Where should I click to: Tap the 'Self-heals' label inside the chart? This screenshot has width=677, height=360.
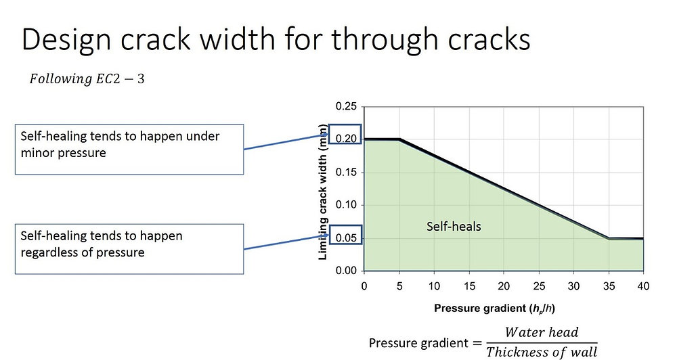(454, 226)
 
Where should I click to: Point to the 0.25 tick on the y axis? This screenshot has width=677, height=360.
(346, 107)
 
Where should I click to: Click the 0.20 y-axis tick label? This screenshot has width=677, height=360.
(346, 139)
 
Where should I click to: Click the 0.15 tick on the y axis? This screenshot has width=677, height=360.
(346, 172)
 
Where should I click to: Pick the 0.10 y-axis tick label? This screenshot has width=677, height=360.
(346, 205)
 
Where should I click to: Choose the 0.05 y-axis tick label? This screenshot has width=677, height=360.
(346, 238)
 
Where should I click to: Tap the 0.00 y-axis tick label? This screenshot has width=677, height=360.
(346, 270)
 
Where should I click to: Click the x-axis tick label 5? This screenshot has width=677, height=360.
(399, 286)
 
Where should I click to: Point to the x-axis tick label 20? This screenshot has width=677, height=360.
(504, 286)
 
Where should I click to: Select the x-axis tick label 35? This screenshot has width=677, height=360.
(608, 286)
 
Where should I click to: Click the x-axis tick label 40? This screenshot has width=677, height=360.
(642, 286)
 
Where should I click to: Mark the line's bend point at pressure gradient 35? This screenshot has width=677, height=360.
(608, 238)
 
